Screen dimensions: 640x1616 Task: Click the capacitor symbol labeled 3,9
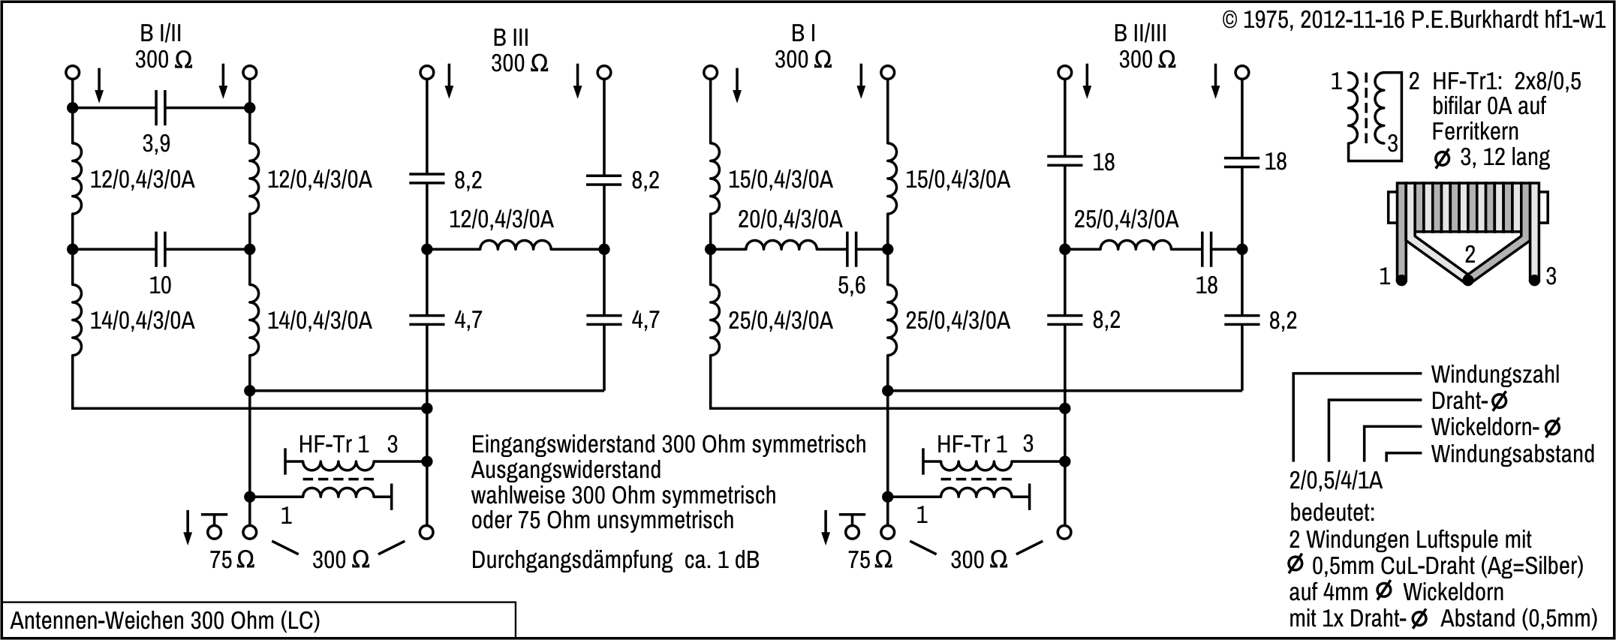pos(161,108)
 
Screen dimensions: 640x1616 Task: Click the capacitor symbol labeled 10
pos(161,249)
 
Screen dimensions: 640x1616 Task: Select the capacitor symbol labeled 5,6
pos(852,249)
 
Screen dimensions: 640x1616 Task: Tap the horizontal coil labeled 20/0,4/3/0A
pos(781,246)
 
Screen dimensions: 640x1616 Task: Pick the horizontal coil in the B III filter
pos(516,246)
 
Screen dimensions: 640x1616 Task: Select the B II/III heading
pos(1139,33)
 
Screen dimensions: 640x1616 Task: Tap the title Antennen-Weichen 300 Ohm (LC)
pos(165,620)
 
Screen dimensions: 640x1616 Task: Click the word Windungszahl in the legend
pos(1484,374)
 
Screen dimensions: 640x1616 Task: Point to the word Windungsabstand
pos(1512,454)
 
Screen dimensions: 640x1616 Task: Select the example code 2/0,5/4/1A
pos(1335,479)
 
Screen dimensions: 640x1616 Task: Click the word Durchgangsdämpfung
pos(571,560)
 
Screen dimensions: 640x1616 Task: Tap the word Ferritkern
pos(1475,131)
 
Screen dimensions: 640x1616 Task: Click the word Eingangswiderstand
pos(564,444)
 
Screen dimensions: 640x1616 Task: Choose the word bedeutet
pos(1332,513)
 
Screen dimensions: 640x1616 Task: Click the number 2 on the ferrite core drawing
pos(1469,254)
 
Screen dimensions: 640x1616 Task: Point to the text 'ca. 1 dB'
pos(721,560)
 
